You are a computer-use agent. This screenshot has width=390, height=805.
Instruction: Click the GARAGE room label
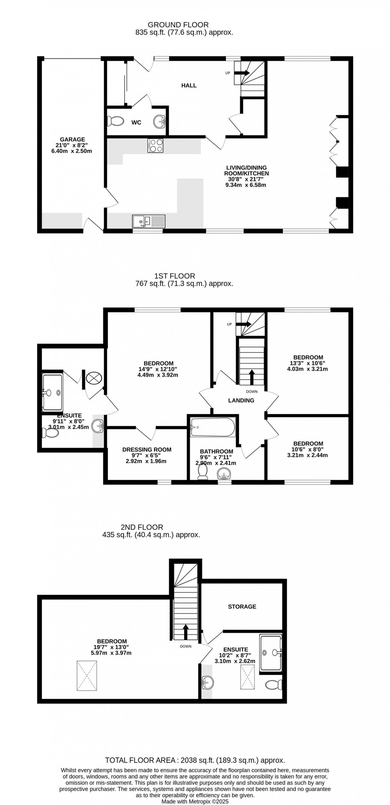[x=72, y=139]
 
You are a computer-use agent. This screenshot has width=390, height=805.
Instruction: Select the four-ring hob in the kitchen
[x=155, y=146]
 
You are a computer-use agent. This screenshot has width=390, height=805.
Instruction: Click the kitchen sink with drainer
[x=149, y=221]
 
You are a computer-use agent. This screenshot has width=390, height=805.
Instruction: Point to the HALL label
[x=189, y=85]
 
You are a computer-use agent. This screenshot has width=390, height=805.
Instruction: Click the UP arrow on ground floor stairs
[x=242, y=73]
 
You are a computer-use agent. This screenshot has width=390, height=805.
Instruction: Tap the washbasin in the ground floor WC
[x=160, y=121]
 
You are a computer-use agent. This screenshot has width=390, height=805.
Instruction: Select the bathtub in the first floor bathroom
[x=213, y=427]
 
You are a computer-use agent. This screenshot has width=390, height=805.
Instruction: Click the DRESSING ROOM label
[x=147, y=449]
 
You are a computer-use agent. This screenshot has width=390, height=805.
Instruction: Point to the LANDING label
[x=241, y=400]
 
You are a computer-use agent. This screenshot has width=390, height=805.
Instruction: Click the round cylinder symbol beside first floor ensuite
[x=94, y=378]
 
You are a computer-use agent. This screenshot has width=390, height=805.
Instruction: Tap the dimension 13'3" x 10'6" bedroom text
[x=308, y=363]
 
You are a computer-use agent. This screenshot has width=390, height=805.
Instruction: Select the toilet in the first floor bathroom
[x=203, y=471]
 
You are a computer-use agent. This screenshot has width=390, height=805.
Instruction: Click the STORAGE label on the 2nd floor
[x=242, y=607]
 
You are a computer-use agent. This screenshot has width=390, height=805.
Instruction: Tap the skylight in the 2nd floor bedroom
[x=87, y=675]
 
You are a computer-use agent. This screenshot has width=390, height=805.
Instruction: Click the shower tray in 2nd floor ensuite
[x=271, y=652]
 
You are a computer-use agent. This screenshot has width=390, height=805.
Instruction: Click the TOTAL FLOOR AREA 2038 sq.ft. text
[x=195, y=760]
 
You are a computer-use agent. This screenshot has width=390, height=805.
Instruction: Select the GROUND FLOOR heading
[x=178, y=25]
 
